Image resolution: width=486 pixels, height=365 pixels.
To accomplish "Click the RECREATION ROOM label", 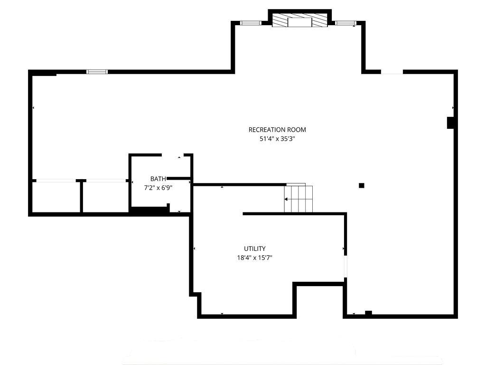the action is point(277,130).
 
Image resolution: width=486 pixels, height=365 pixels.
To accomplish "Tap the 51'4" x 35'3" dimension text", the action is point(277,139).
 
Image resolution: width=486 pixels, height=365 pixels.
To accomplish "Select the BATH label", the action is point(158,179).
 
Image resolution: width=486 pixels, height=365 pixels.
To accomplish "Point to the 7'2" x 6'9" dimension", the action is point(158,188).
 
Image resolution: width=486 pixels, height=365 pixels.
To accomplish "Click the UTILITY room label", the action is point(254,249).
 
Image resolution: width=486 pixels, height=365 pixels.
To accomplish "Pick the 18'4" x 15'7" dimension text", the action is point(254,258).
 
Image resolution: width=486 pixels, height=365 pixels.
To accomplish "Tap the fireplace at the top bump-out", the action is point(300,20).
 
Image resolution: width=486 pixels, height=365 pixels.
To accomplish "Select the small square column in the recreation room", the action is point(361,186).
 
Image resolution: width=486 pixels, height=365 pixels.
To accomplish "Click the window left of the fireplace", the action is point(251,23).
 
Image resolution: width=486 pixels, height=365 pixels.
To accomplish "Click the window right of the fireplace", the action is point(346,23).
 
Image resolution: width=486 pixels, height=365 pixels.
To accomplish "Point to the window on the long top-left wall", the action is point(97,72).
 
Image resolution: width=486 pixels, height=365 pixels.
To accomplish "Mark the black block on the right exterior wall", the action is point(450,122).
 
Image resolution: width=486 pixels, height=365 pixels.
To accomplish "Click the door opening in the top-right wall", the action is point(392,72).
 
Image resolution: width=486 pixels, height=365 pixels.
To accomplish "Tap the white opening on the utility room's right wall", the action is point(346,266).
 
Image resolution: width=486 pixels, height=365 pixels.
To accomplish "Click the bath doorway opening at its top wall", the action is point(173,155).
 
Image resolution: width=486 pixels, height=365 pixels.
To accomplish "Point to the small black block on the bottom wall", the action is point(368,313).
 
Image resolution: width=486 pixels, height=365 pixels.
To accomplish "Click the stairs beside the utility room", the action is point(299,199).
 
